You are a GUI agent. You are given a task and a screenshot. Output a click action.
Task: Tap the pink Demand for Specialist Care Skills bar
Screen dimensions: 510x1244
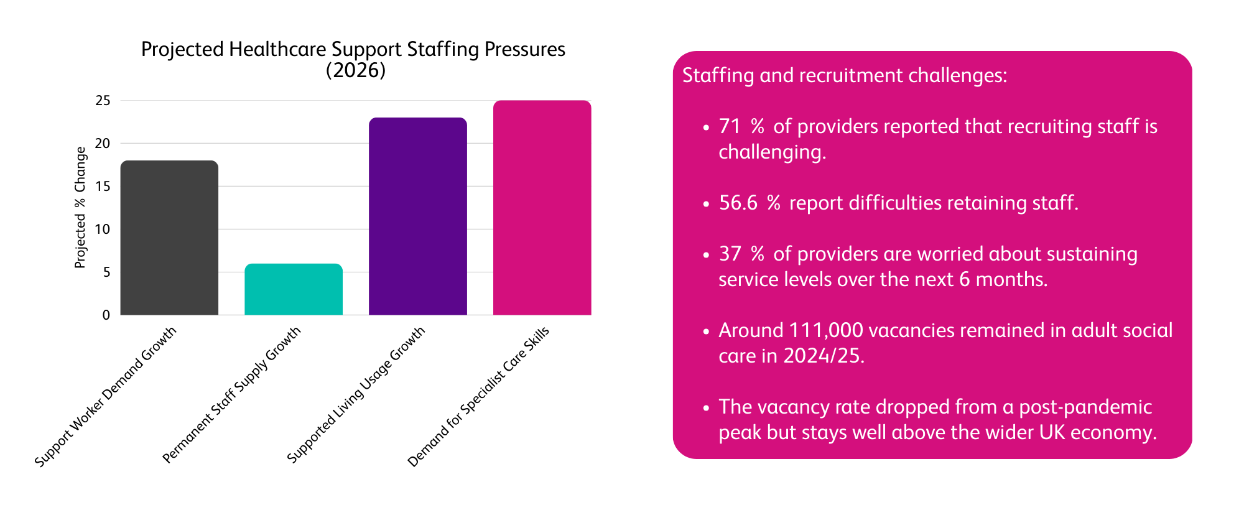point(542,208)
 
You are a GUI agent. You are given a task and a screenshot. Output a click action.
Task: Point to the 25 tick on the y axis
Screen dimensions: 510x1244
point(103,101)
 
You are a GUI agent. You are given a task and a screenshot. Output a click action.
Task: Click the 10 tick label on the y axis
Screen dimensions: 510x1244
point(103,229)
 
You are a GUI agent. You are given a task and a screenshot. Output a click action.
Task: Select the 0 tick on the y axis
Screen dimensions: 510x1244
point(106,315)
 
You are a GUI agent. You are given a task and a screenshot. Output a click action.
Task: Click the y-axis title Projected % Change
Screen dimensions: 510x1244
point(80,208)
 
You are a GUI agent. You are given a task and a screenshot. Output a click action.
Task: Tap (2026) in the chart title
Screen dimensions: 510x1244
point(356,70)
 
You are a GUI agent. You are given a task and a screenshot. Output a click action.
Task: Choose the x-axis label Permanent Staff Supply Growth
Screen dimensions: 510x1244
point(232,395)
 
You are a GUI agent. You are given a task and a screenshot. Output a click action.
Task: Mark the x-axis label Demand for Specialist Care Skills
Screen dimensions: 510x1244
point(478,397)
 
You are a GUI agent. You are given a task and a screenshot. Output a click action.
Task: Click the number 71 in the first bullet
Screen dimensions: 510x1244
point(730,127)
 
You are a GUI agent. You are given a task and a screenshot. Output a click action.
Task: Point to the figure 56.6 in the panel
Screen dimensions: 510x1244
point(738,203)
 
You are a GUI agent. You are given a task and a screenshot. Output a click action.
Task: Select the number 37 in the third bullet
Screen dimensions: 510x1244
point(730,254)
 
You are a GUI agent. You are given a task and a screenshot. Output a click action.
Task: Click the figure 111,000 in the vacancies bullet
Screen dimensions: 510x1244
point(825,330)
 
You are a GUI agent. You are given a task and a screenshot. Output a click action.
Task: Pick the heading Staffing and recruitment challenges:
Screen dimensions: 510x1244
point(845,76)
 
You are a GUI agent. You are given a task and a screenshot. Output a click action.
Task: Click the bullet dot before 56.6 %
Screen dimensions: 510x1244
point(705,204)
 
